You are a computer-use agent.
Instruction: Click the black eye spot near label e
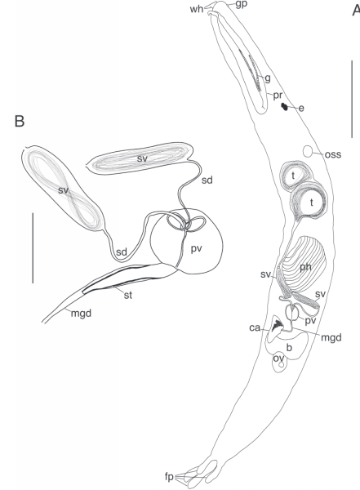(284, 106)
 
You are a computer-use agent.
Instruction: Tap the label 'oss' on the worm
(333, 154)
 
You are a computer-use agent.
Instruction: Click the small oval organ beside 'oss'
(308, 151)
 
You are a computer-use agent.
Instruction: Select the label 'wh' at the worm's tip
(196, 9)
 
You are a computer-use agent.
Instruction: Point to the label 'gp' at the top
(242, 5)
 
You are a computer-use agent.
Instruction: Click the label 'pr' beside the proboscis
(278, 95)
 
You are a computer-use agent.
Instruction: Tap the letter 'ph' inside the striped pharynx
(305, 267)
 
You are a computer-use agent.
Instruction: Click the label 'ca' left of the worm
(255, 327)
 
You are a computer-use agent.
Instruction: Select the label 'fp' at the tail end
(169, 477)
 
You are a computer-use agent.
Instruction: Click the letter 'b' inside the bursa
(289, 347)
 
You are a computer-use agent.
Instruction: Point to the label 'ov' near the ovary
(278, 359)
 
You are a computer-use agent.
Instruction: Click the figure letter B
(20, 121)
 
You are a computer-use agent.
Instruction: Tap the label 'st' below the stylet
(128, 295)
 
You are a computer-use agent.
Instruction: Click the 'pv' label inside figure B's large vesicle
(196, 249)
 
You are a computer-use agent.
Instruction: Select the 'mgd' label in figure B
(81, 313)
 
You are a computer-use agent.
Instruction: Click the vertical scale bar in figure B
(33, 248)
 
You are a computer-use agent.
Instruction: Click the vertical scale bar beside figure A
(352, 99)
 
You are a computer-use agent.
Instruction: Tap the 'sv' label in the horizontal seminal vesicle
(142, 158)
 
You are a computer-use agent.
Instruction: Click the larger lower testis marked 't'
(309, 203)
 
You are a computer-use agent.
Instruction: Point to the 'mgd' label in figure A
(331, 337)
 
